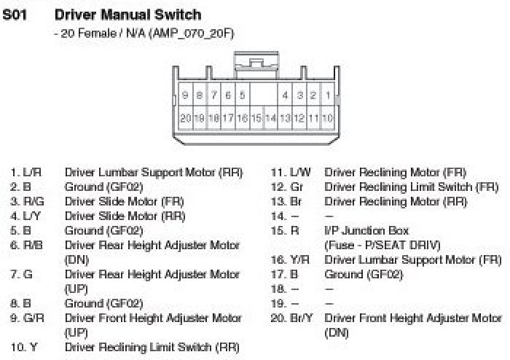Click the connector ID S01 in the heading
click(15, 15)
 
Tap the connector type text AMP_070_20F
click(191, 33)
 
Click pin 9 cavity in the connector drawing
click(186, 95)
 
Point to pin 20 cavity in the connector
click(186, 117)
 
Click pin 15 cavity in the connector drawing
click(256, 117)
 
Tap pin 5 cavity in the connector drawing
click(242, 95)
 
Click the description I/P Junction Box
click(366, 231)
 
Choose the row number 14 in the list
click(278, 216)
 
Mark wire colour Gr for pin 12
click(296, 187)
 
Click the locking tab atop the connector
click(256, 62)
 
